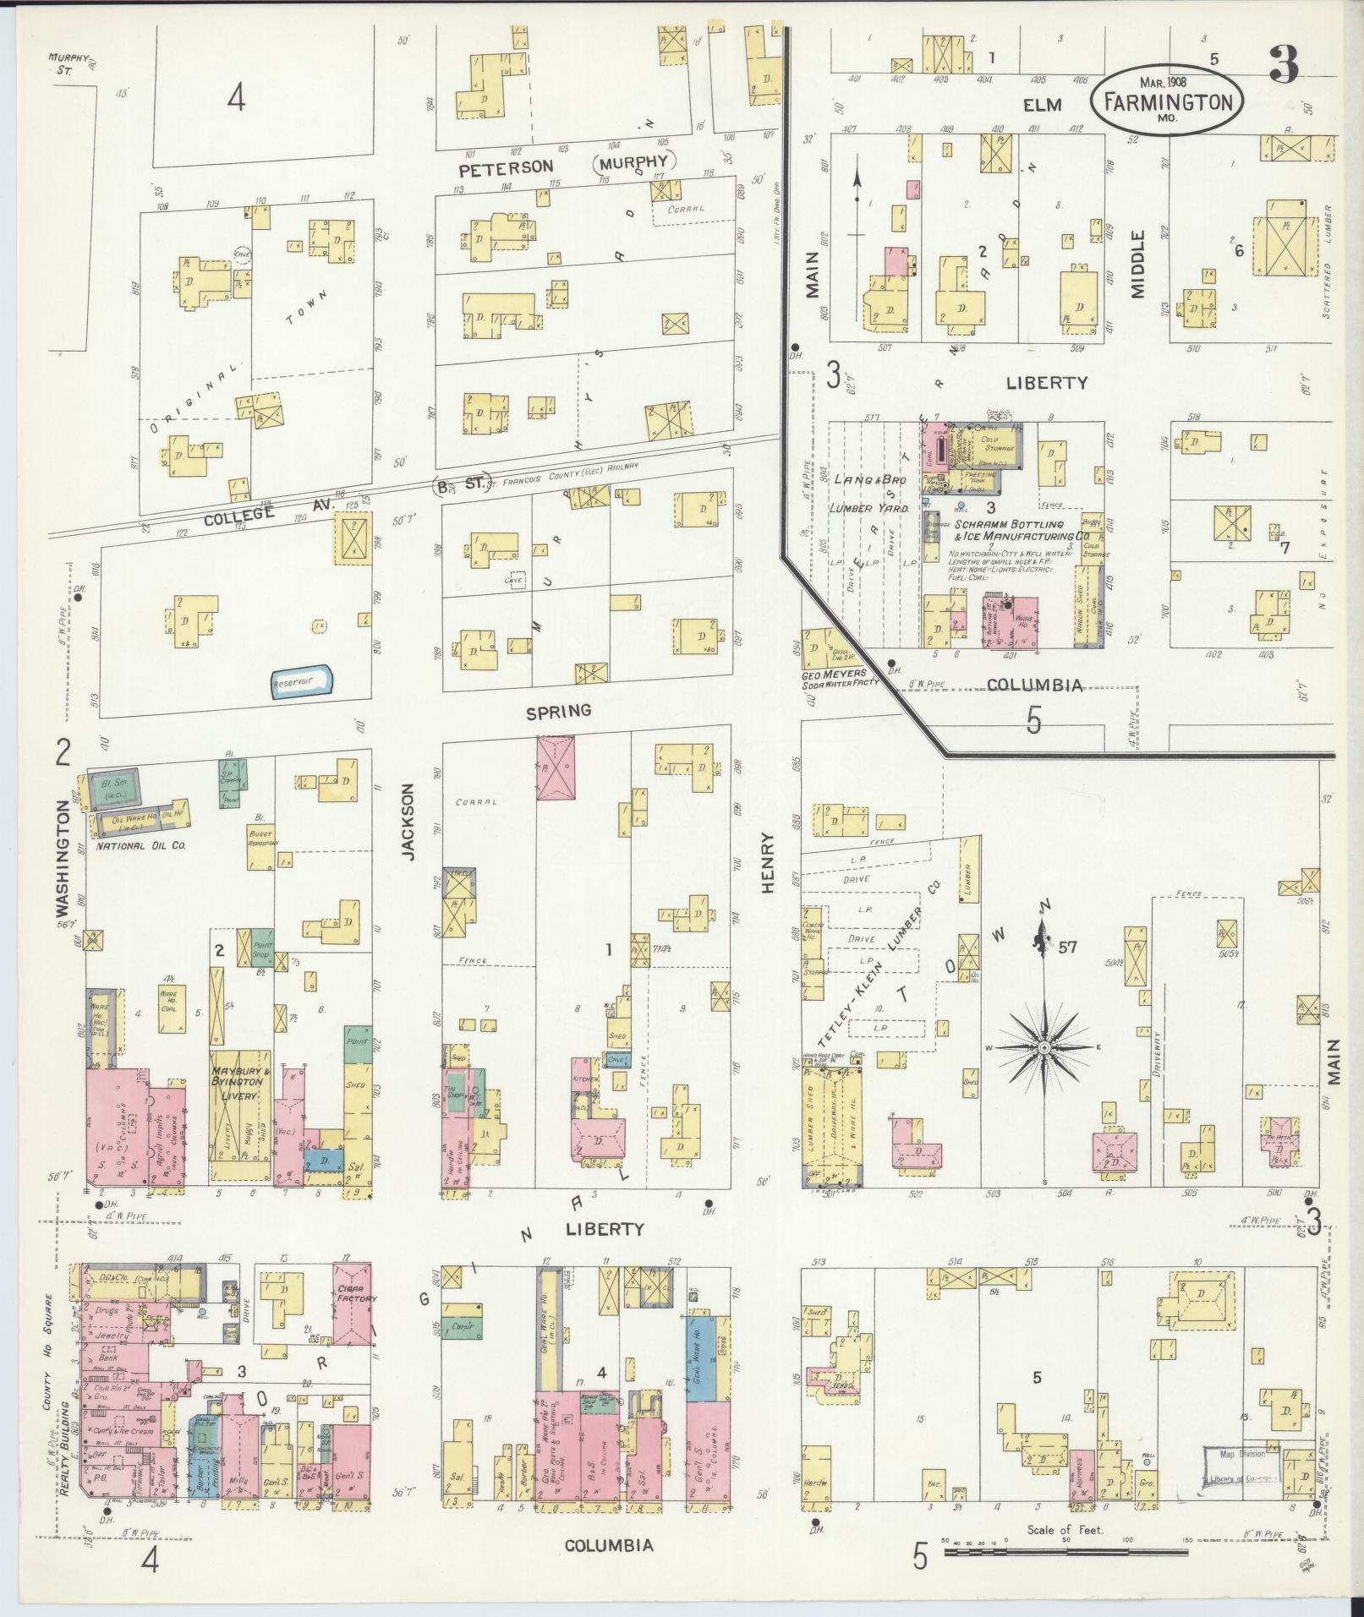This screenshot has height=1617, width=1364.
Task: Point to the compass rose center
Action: click(1044, 1047)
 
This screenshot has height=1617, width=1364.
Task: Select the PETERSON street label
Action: click(507, 167)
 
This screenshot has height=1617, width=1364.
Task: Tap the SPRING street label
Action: click(558, 712)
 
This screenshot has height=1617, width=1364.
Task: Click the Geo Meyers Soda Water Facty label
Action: click(835, 681)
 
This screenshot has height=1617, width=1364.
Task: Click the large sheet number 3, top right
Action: click(1282, 66)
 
